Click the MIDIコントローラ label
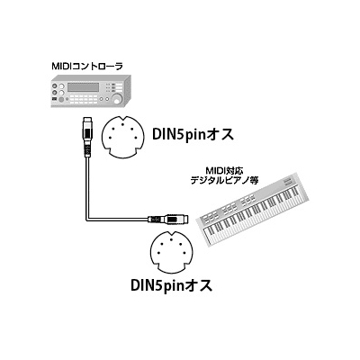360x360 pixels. [x=87, y=67]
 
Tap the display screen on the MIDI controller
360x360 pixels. [x=84, y=87]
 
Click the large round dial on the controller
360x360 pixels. [x=117, y=98]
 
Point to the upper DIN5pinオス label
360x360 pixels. [x=193, y=134]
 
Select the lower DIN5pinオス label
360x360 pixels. [x=172, y=284]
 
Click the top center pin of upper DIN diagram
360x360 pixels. [x=123, y=124]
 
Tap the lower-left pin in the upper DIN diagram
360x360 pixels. [x=110, y=138]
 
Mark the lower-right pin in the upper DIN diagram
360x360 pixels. [x=136, y=138]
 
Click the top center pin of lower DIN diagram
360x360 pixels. [x=171, y=239]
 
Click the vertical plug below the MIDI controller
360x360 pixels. [x=87, y=136]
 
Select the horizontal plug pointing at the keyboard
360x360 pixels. [x=168, y=219]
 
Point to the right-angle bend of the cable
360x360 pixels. [x=87, y=219]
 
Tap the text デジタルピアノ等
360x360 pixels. [x=225, y=180]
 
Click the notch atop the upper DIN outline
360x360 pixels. [x=123, y=118]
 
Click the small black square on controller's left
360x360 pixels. [x=54, y=99]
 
